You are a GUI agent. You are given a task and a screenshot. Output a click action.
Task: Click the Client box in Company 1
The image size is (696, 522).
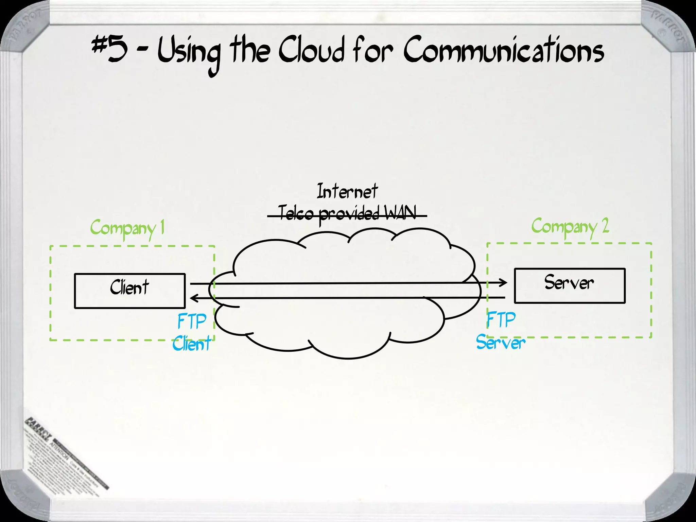[129, 291]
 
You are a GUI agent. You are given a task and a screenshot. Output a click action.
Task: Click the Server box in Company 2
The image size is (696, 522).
[570, 285]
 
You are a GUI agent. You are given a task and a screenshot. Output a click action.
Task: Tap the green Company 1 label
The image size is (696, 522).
[127, 228]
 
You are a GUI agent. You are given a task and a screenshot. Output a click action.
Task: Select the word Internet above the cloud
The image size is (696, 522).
[347, 191]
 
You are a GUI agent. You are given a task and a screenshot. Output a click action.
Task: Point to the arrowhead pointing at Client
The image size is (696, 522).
[194, 298]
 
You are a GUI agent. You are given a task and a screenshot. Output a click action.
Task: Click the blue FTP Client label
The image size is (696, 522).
[192, 332]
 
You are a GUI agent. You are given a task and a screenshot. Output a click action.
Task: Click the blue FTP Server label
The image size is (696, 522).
[501, 331]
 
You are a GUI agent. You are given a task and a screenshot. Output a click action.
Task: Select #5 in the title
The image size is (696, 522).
[109, 50]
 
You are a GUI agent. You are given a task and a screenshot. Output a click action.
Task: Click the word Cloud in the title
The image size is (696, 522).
[311, 51]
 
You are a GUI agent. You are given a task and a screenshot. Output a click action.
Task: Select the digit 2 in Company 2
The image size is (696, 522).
[605, 226]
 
